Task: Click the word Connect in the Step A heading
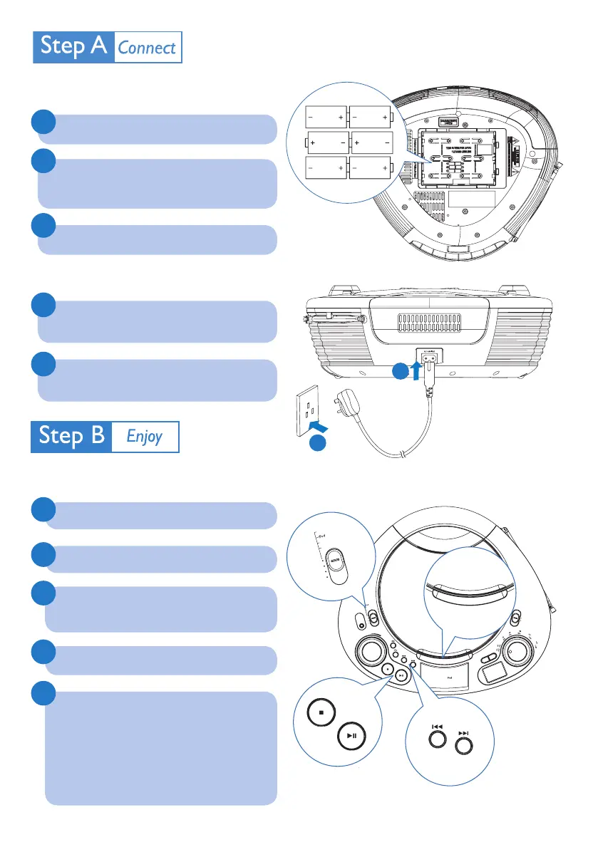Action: point(147,48)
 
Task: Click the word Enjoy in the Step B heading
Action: point(145,436)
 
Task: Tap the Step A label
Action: point(74,47)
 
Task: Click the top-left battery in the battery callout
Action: point(325,115)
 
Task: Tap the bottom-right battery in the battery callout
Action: point(370,168)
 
